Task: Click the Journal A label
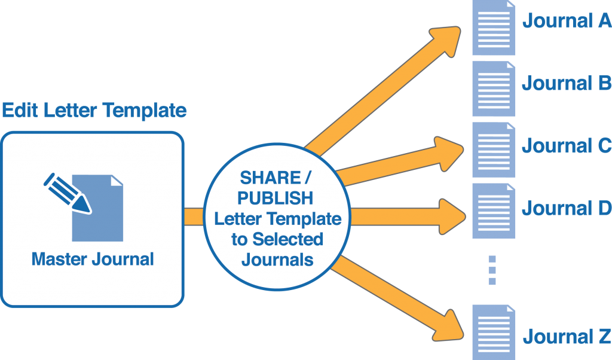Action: click(x=567, y=21)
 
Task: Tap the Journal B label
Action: click(x=567, y=83)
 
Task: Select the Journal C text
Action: click(x=567, y=146)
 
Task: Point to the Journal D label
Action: click(x=567, y=208)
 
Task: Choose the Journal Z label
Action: click(x=567, y=336)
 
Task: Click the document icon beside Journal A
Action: click(x=494, y=28)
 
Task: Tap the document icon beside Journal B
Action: click(x=494, y=89)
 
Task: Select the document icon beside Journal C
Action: click(x=494, y=150)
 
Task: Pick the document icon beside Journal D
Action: click(x=494, y=211)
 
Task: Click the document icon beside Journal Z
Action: click(x=494, y=332)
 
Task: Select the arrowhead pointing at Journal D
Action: click(x=452, y=216)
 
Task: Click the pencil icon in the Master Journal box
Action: click(x=68, y=193)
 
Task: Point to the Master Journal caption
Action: click(x=93, y=259)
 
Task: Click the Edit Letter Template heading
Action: click(x=94, y=110)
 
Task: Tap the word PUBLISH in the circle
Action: click(x=275, y=199)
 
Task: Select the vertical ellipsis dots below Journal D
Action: click(x=492, y=270)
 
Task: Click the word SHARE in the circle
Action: click(x=270, y=178)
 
